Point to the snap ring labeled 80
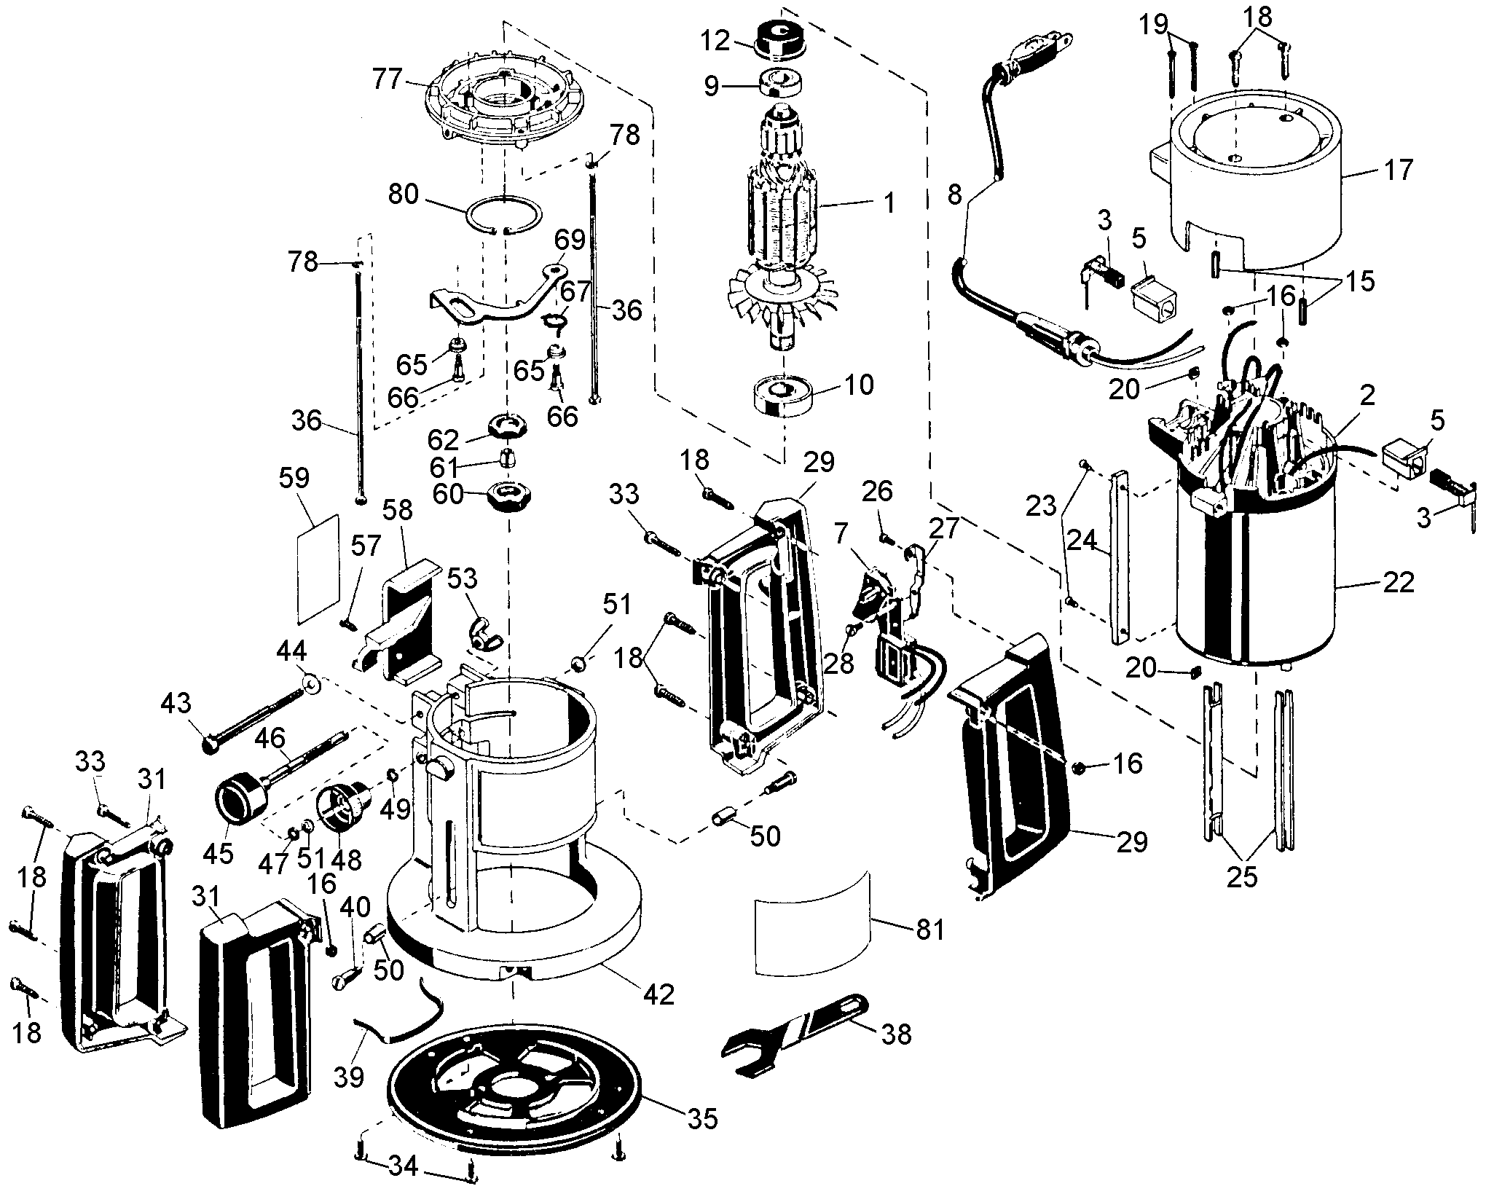point(503,215)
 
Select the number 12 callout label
point(715,41)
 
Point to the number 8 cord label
point(954,195)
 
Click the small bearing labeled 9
point(782,84)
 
